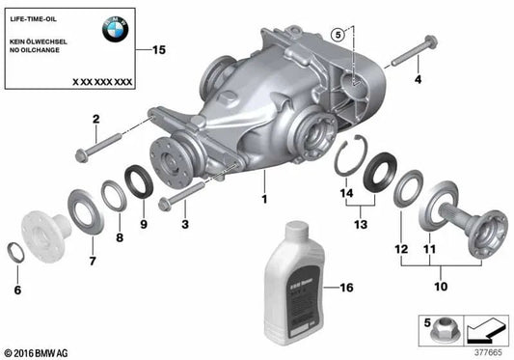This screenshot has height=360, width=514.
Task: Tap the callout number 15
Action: pos(159,49)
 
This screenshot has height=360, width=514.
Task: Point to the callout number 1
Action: pos(261,200)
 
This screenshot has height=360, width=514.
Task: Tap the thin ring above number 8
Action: pos(115,192)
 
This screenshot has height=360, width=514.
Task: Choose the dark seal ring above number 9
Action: pos(139,180)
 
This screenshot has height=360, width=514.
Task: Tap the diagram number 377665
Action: pos(489,351)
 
